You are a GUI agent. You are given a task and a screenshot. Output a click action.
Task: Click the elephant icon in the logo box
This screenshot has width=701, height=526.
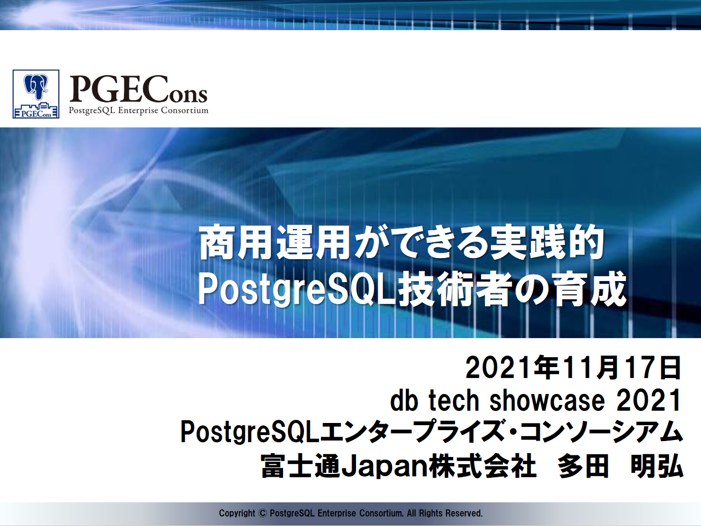tap(36, 87)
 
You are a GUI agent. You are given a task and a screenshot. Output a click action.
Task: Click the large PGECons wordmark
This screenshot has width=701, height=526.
tap(139, 89)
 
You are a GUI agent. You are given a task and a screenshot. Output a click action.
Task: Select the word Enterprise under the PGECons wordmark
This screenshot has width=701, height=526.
tap(138, 111)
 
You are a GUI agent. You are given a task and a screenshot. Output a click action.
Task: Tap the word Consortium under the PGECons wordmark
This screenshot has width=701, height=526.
tap(185, 110)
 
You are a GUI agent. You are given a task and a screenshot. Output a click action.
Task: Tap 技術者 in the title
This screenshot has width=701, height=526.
tap(453, 289)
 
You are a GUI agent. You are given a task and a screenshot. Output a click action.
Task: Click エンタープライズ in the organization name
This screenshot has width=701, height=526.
tap(414, 432)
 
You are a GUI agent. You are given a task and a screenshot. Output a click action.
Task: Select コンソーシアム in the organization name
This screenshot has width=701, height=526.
tap(601, 432)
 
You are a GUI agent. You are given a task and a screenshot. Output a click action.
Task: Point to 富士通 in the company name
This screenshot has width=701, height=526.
tap(301, 466)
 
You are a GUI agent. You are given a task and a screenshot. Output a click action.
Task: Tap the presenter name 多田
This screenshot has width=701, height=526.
tap(583, 466)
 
